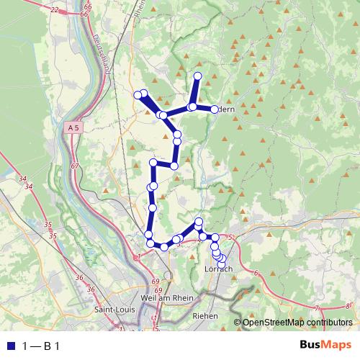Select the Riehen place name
click(x=206, y=315)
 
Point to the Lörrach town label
click(x=220, y=269)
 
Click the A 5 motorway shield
click(x=71, y=128)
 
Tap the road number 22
click(x=55, y=10)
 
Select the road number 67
click(x=74, y=166)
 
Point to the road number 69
click(x=157, y=282)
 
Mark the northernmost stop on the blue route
click(x=198, y=76)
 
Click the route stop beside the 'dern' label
click(x=215, y=109)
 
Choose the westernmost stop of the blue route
click(x=138, y=95)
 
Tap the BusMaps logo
click(x=326, y=346)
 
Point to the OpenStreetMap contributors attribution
click(x=297, y=323)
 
